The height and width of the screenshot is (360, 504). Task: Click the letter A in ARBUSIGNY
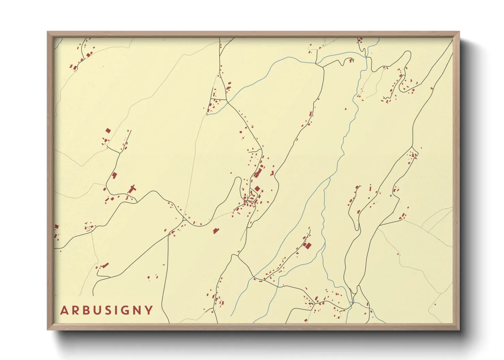(x=64, y=310)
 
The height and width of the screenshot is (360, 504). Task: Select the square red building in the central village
(x=257, y=189)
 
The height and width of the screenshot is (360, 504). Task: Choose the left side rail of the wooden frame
(x=50, y=180)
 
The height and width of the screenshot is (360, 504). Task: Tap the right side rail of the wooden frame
(x=456, y=180)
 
